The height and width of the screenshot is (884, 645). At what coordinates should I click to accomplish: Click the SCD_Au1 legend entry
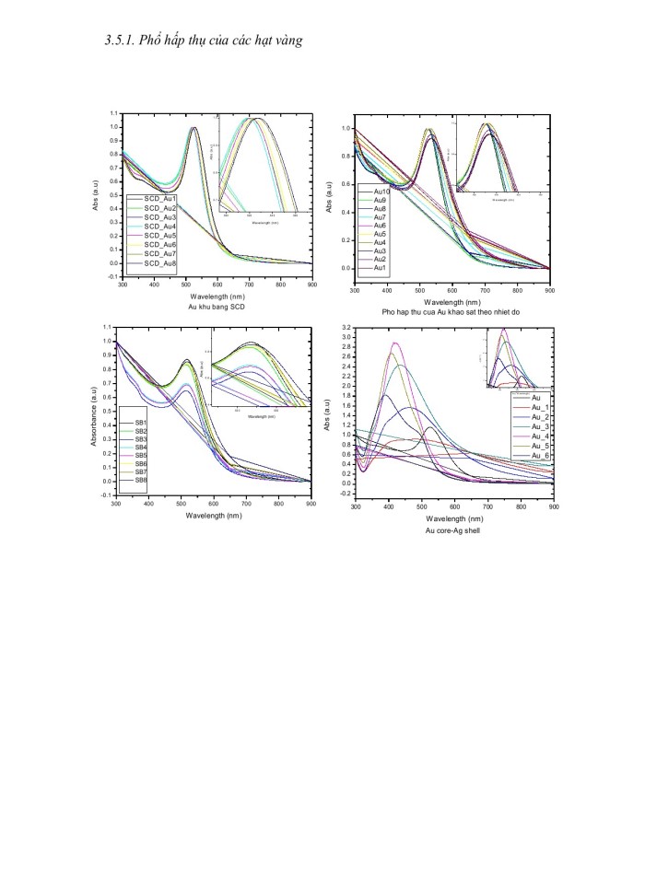coord(158,199)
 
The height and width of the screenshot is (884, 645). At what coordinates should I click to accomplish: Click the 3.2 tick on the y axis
coord(346,328)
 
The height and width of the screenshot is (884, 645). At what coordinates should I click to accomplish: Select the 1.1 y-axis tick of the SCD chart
coord(113,115)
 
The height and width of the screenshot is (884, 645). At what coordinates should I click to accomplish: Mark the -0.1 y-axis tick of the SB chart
coord(107,495)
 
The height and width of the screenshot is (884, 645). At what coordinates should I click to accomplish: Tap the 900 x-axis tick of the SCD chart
coord(311,285)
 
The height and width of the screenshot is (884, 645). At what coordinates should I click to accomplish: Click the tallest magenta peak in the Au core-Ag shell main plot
coord(394,343)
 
